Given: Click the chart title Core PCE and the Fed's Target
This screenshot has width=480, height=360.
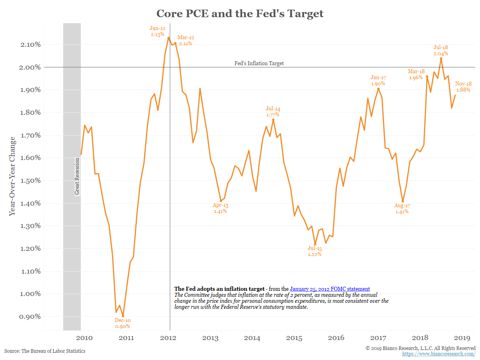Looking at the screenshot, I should (240, 13).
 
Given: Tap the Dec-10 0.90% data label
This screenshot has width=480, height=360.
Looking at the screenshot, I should (122, 323).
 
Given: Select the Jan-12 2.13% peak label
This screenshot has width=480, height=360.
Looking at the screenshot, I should (158, 31).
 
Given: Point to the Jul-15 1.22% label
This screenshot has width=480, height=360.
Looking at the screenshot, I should (314, 251).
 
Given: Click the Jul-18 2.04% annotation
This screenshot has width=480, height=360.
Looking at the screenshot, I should (440, 50).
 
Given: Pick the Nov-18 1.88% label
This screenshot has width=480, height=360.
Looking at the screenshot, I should (464, 86).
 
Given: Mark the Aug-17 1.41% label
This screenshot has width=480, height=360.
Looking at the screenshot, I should (402, 208).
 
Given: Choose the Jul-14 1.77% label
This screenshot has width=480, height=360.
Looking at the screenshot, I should (273, 112).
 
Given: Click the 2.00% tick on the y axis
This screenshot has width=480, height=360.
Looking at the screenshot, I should (30, 67).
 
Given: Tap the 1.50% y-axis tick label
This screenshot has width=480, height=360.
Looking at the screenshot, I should (30, 180).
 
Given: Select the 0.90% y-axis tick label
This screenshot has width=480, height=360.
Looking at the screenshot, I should (30, 316).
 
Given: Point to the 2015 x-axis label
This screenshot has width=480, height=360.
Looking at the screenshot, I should (294, 338).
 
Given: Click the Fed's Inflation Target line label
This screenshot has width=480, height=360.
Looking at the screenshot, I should (259, 63).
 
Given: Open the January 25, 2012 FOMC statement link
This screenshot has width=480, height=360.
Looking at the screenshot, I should (330, 289).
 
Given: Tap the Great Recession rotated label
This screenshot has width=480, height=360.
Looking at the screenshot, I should (77, 176).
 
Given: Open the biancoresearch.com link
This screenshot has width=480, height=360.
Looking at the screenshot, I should (439, 354).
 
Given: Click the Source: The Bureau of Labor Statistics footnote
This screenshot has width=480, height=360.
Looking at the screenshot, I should (45, 351).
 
